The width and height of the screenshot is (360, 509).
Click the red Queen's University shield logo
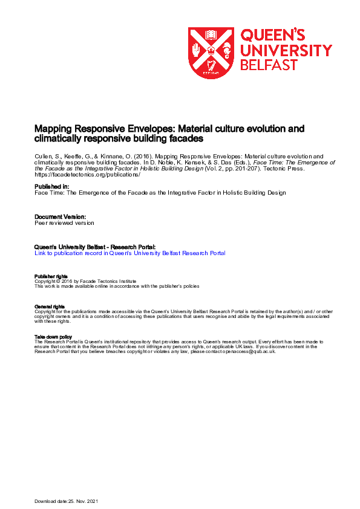coord(211,53)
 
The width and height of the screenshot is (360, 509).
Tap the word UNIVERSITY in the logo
coord(286,50)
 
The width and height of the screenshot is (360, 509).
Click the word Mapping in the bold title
coord(52,129)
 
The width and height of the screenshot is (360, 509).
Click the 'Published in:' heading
coord(51,186)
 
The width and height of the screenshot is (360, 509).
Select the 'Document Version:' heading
coord(60,216)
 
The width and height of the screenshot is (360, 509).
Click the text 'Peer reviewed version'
coord(64,222)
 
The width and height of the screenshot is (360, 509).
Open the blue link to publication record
coord(130,253)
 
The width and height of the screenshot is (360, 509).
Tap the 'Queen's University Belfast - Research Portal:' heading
coord(95,247)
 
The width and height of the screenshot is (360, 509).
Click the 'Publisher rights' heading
coord(51,276)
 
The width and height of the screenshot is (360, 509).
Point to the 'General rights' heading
coord(50,306)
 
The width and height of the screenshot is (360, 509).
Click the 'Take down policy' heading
coord(53,337)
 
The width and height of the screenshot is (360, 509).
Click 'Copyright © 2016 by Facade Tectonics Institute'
coord(85,281)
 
